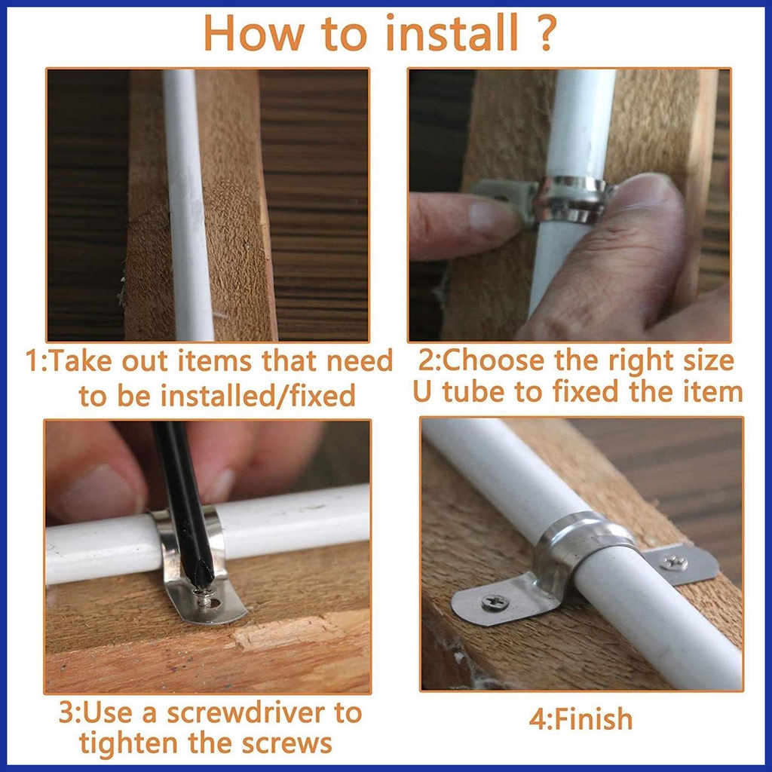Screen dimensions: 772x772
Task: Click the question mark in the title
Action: click(546, 33)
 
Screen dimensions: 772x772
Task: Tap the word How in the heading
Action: click(255, 33)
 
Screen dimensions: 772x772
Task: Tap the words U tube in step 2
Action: click(460, 392)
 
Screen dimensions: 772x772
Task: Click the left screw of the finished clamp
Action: click(495, 601)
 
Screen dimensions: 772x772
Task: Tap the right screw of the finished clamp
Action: click(673, 562)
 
